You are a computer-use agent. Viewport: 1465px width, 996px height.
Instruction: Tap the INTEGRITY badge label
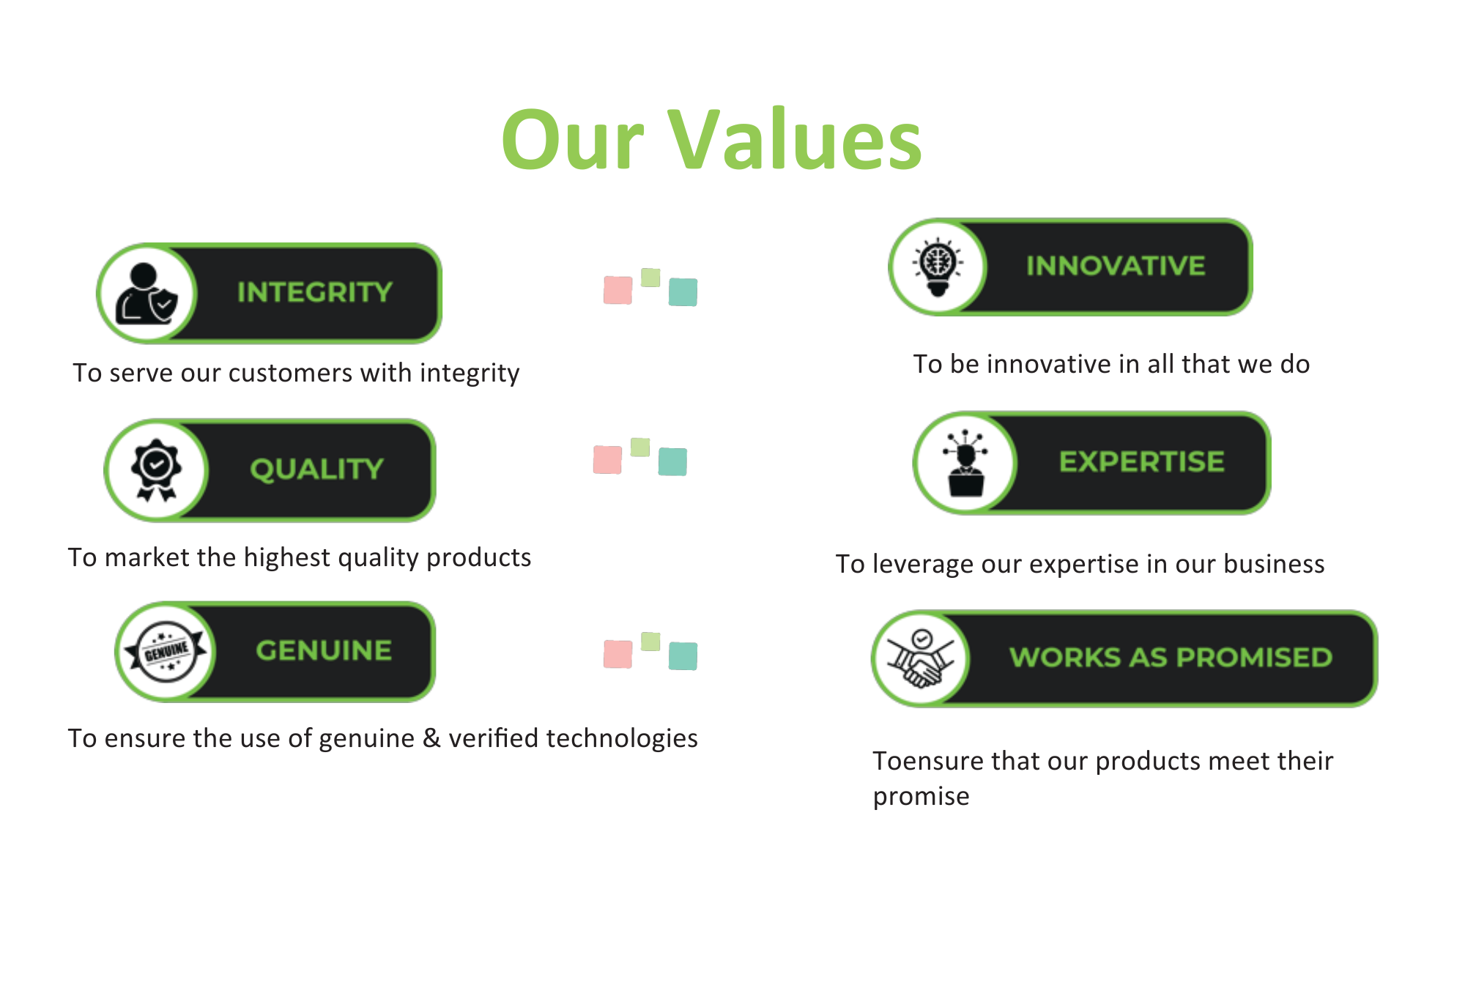315,292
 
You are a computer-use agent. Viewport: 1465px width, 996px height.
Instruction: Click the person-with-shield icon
146,293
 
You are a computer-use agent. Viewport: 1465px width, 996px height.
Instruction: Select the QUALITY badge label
316,469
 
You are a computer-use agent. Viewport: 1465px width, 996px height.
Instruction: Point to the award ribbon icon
156,469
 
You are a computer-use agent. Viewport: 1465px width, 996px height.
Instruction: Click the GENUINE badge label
324,650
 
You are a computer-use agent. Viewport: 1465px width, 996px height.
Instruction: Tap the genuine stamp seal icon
166,651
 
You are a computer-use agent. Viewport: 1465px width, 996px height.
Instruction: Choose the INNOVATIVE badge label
1115,266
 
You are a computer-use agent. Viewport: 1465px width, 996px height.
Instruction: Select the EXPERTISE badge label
1141,461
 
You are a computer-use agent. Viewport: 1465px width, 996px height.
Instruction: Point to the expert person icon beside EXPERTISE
965,463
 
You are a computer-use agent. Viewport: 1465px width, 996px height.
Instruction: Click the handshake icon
921,659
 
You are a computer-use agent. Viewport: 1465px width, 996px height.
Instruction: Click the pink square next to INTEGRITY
617,290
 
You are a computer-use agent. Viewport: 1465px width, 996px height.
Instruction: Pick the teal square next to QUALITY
672,461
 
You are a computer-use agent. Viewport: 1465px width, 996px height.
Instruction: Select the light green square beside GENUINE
650,642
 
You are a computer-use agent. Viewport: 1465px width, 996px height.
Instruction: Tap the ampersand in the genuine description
431,738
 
